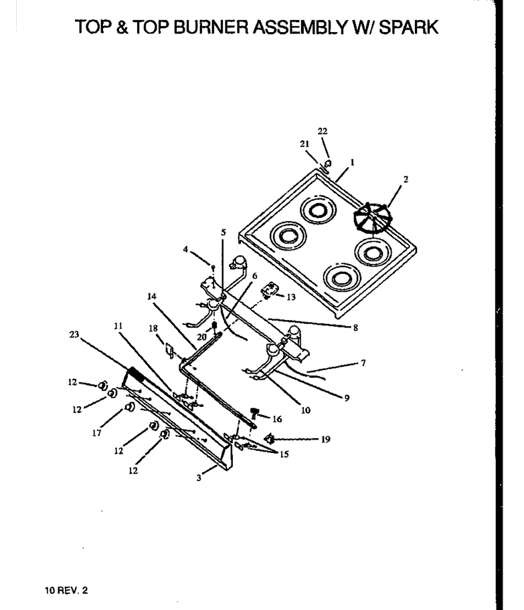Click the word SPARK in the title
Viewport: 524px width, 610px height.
(x=409, y=27)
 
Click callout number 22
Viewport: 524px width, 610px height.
(x=323, y=131)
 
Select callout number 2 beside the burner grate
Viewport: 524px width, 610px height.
(x=406, y=179)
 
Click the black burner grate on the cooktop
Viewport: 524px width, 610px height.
(x=370, y=219)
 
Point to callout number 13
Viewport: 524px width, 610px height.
(x=291, y=297)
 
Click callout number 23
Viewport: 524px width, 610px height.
(x=74, y=335)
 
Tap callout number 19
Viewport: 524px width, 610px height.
(x=326, y=439)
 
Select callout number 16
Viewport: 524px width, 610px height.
(x=277, y=419)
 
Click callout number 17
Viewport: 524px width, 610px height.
(x=96, y=432)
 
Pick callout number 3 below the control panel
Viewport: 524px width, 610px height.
(x=199, y=478)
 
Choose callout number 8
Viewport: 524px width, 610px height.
(x=355, y=328)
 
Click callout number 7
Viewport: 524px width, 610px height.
(x=363, y=363)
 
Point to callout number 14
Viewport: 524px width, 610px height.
(x=151, y=297)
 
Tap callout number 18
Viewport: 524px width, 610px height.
(x=153, y=329)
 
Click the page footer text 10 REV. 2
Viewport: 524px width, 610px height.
(x=66, y=590)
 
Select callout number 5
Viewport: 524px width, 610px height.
(x=224, y=233)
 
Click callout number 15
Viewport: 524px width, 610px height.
(x=284, y=454)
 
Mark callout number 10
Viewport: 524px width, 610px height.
(x=306, y=410)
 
